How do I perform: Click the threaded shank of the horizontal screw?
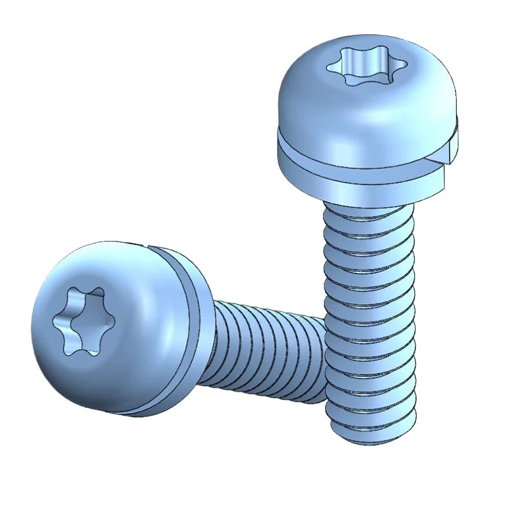click(266, 355)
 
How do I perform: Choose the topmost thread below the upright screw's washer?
click(368, 212)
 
